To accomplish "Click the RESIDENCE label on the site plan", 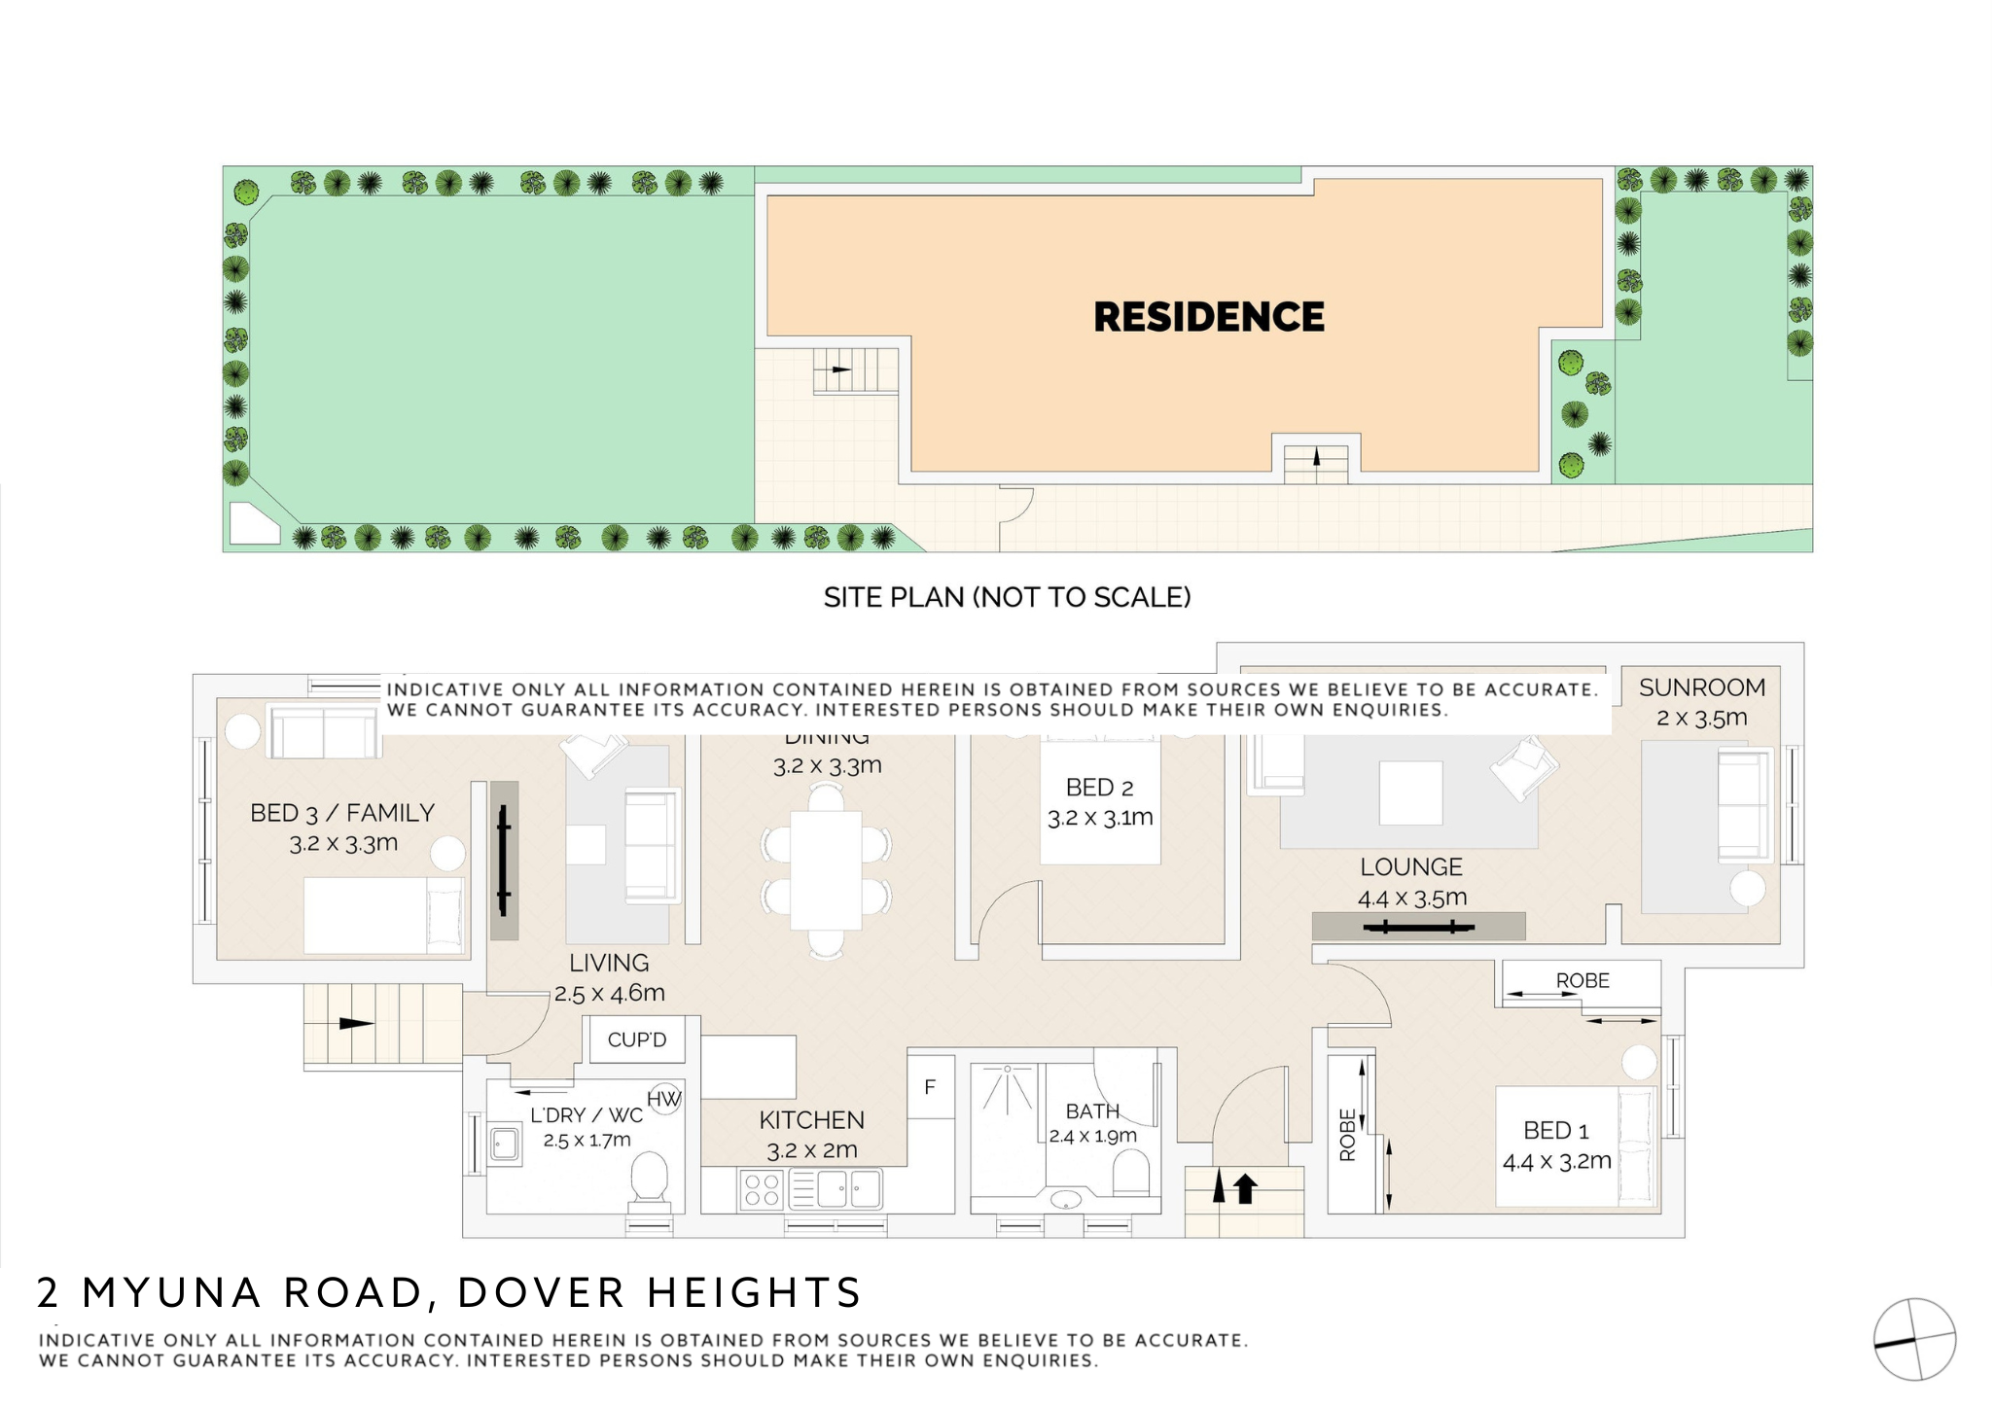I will click(1208, 317).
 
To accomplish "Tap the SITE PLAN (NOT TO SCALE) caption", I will click(1007, 597).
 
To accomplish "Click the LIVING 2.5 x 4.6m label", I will click(609, 977).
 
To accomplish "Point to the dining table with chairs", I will click(826, 870).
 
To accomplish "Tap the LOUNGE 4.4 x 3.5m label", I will click(1411, 881).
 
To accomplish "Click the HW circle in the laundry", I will click(663, 1099).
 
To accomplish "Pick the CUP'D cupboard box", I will click(637, 1039).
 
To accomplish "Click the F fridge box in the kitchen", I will click(930, 1087).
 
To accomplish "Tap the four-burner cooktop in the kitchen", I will click(761, 1189).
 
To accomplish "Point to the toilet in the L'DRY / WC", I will click(650, 1180).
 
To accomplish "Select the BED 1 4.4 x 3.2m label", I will click(1556, 1145).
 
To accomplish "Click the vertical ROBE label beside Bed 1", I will click(1347, 1135).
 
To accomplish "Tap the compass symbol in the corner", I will click(1914, 1339).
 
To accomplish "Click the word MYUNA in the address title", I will click(172, 1292).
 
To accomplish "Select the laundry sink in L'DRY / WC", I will click(504, 1144).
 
